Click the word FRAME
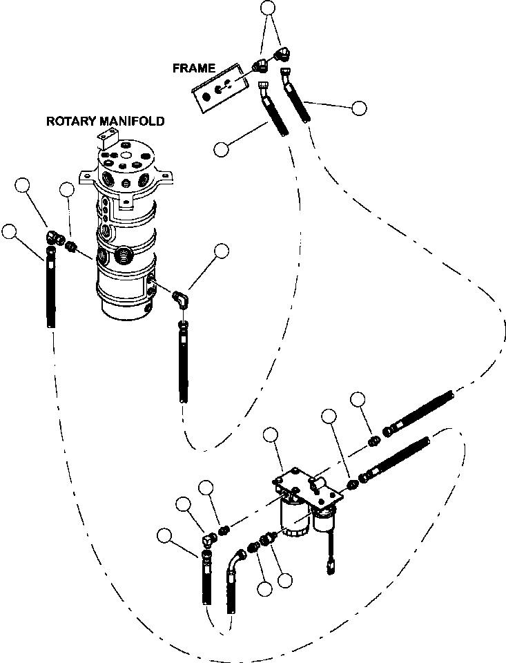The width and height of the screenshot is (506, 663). (x=194, y=68)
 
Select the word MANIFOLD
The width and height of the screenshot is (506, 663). (x=132, y=122)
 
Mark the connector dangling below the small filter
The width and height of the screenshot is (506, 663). (x=330, y=566)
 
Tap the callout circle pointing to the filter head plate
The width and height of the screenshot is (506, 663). (x=271, y=435)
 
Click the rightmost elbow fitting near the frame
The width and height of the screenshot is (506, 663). (x=282, y=55)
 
